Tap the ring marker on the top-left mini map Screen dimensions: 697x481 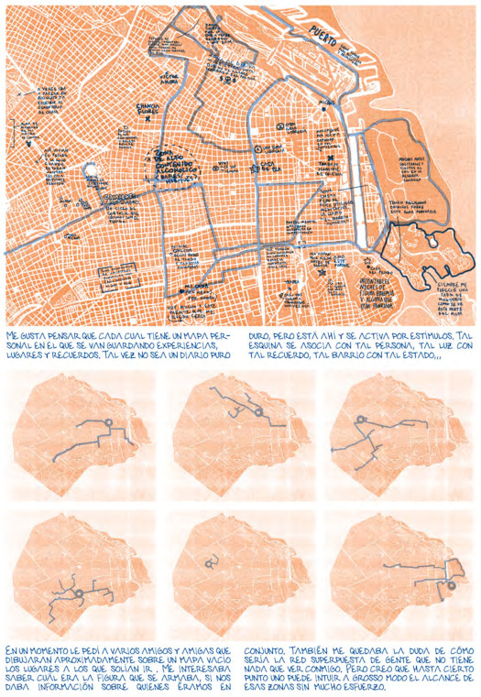[109, 423]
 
